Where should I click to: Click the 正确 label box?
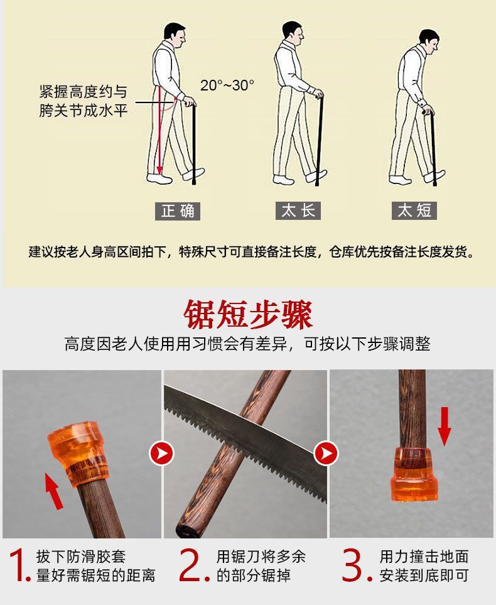pyautogui.click(x=178, y=211)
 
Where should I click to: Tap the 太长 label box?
pyautogui.click(x=298, y=211)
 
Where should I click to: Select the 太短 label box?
pyautogui.click(x=414, y=211)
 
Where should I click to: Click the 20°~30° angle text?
pyautogui.click(x=227, y=85)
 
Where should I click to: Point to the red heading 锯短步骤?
pyautogui.click(x=248, y=315)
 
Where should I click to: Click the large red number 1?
pyautogui.click(x=19, y=565)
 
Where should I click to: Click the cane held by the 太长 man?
pyautogui.click(x=320, y=141)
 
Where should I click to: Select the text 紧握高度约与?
pyautogui.click(x=83, y=92)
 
